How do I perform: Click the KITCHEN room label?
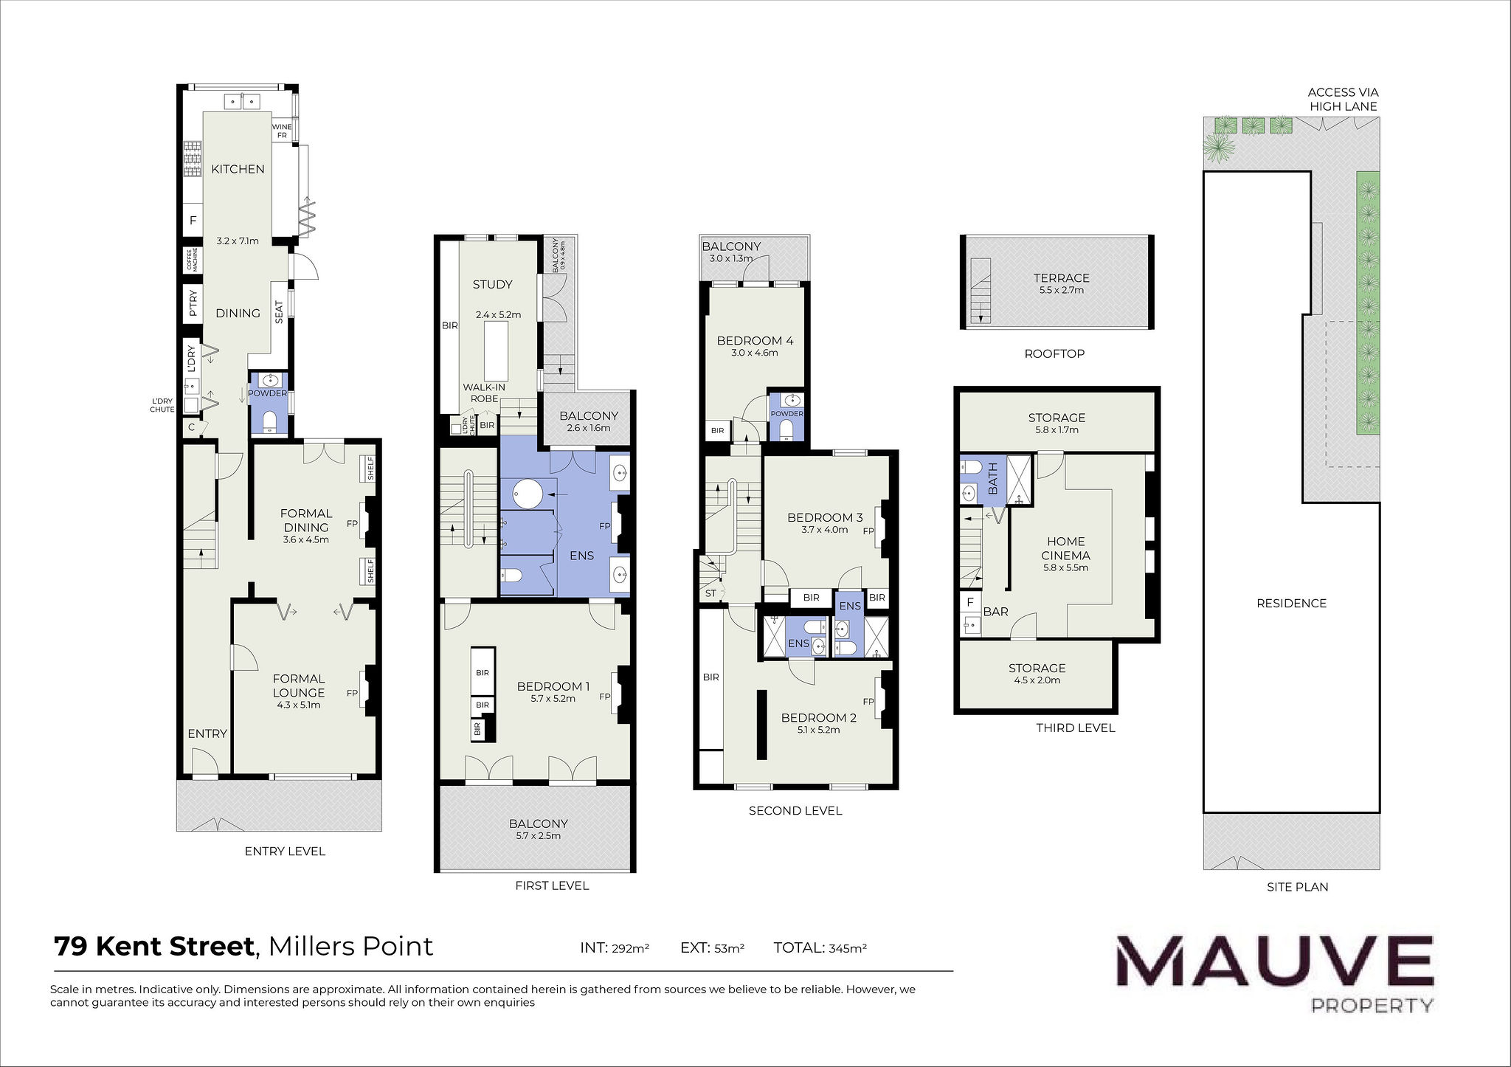click(238, 169)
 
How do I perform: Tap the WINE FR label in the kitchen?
click(282, 131)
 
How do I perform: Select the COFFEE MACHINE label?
click(193, 260)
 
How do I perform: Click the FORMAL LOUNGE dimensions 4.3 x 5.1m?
click(298, 705)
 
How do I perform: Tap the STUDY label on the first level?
click(492, 284)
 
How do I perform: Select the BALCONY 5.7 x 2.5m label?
click(538, 829)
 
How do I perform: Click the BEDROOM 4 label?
click(755, 340)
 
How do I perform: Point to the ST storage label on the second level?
click(710, 593)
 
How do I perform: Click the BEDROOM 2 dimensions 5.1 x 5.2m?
click(818, 730)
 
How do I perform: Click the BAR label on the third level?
click(995, 612)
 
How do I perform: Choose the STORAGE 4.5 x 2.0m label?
click(1037, 674)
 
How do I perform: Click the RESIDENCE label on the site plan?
click(1291, 603)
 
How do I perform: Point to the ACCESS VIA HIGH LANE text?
click(1343, 100)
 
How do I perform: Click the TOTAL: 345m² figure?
click(820, 948)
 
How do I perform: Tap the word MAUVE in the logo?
click(1274, 963)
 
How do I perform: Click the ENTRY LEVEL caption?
click(285, 851)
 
